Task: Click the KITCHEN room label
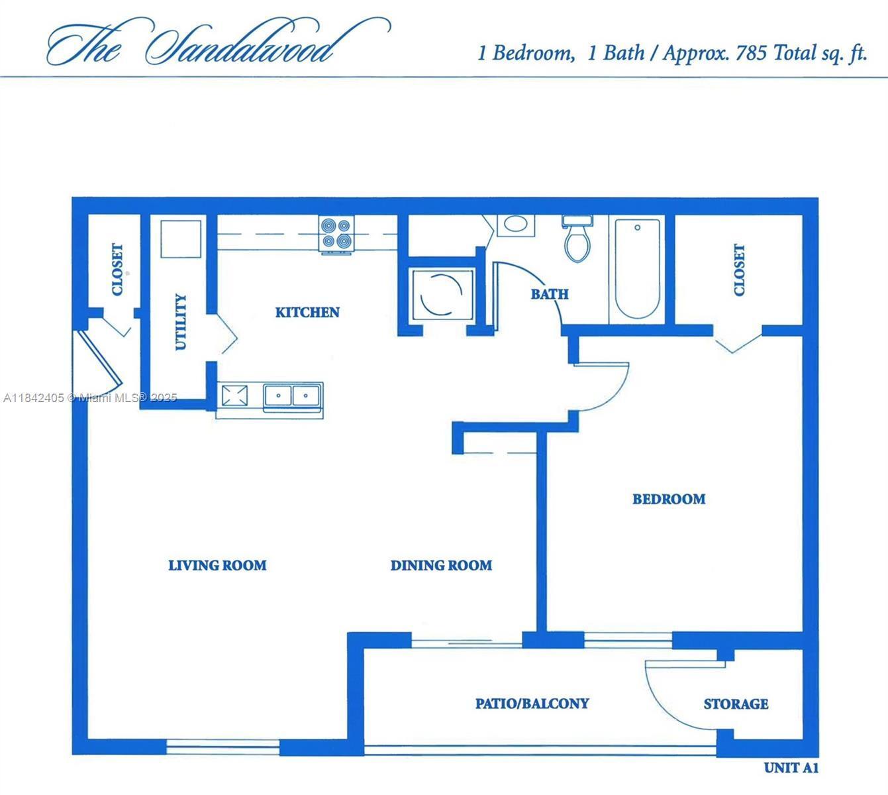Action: [x=307, y=312]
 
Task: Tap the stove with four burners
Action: [x=336, y=234]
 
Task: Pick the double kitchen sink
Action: [x=292, y=396]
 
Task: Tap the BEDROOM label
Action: [x=668, y=499]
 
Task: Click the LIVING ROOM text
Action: [x=217, y=565]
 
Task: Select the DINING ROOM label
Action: [x=441, y=565]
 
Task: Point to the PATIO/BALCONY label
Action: [x=532, y=703]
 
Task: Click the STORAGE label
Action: [x=736, y=704]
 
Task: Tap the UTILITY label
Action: [x=181, y=322]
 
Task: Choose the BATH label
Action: [x=549, y=293]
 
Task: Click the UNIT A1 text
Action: [x=791, y=768]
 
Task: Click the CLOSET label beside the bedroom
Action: [x=739, y=270]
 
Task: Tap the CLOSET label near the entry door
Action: [x=117, y=270]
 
